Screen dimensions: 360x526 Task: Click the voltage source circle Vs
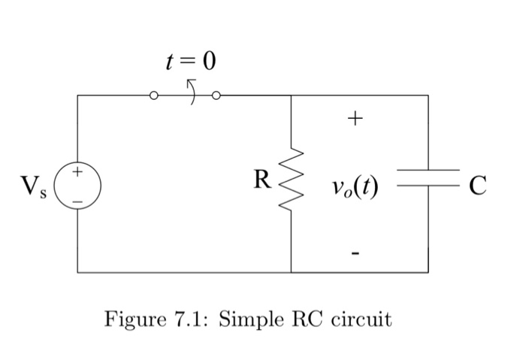click(77, 183)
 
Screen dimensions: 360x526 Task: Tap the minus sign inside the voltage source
click(77, 194)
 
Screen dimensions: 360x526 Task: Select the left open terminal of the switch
click(154, 96)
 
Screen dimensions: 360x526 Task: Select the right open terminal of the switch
click(218, 96)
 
